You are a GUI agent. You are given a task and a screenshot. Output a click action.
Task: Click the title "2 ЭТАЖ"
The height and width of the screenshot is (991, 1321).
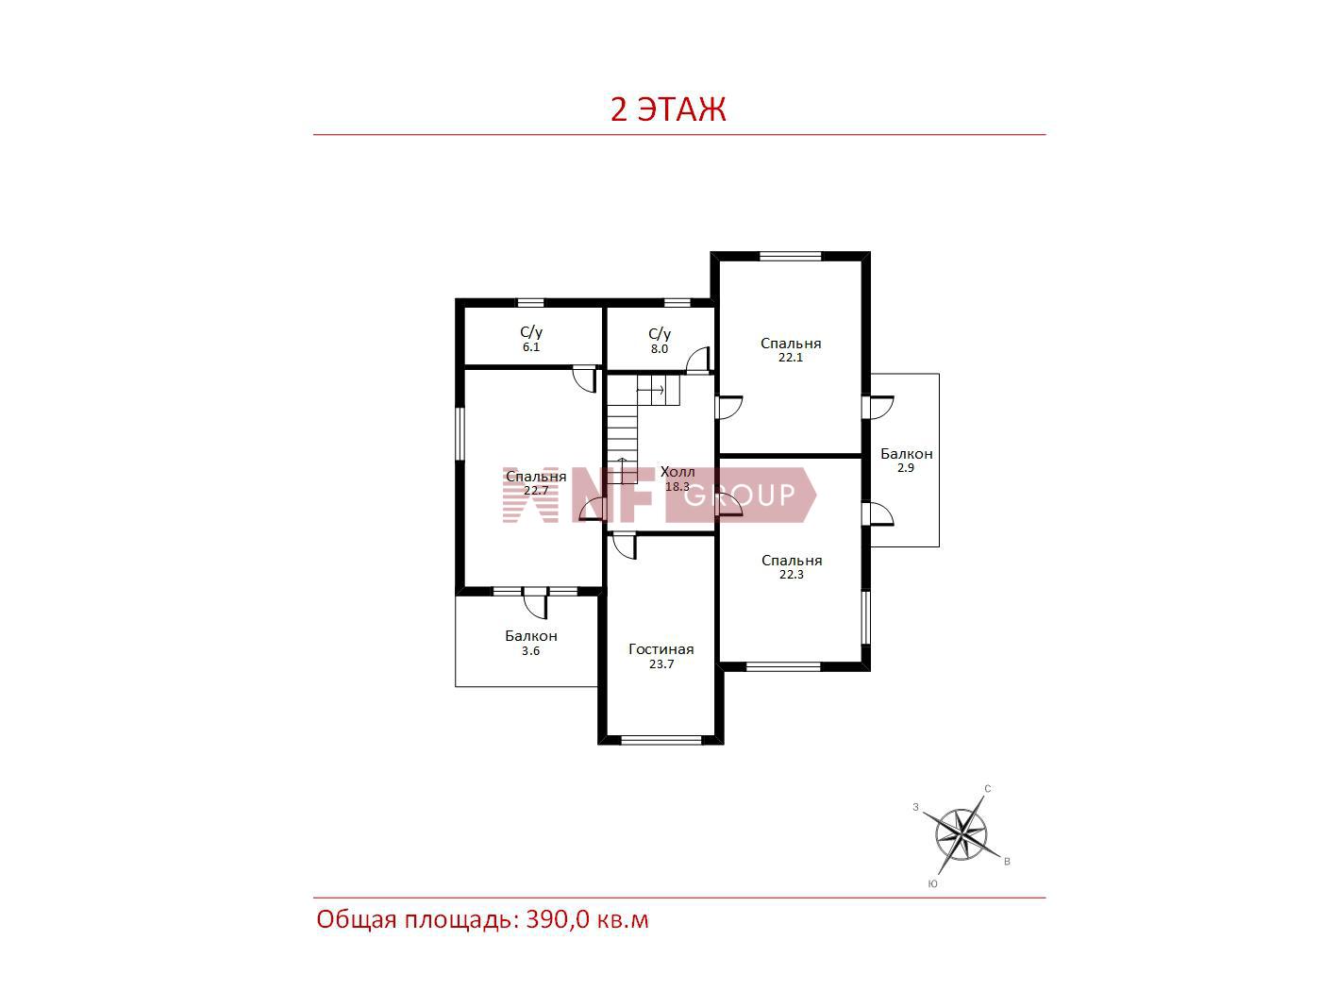tap(668, 109)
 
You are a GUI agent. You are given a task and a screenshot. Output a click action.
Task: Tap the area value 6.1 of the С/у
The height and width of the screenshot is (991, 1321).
tap(531, 347)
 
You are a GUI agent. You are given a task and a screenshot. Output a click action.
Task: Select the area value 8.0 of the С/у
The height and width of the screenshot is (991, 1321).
tap(659, 349)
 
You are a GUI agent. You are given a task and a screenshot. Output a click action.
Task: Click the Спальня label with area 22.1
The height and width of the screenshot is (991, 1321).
tap(791, 344)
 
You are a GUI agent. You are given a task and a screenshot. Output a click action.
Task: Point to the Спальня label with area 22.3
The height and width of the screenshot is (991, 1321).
tap(792, 561)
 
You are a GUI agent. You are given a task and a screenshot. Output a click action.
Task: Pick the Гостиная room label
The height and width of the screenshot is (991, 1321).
tap(660, 649)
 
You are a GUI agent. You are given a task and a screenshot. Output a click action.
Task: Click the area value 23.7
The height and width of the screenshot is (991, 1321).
tap(660, 664)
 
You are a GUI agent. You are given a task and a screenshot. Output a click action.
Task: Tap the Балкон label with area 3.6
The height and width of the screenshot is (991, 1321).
tap(531, 636)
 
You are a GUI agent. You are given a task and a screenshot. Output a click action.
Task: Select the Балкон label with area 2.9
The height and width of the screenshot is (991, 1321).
tap(907, 454)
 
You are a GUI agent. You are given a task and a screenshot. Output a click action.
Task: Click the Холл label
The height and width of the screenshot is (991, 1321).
tap(677, 472)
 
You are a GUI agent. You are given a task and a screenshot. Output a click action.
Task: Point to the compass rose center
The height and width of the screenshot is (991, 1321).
tap(961, 834)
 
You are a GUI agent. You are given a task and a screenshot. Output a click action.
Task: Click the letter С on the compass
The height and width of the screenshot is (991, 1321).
tap(988, 789)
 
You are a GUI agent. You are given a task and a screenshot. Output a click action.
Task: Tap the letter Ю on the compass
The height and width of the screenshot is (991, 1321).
tap(933, 884)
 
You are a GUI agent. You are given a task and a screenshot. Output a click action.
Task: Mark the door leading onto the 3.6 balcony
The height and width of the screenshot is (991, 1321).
tap(534, 602)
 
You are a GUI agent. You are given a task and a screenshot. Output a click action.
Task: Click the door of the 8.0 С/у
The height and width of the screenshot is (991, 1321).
tap(698, 361)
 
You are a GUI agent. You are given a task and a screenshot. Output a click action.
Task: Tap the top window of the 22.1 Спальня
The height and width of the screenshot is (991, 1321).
tap(790, 257)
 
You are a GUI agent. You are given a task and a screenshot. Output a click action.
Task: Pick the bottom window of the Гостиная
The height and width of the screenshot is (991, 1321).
tap(660, 740)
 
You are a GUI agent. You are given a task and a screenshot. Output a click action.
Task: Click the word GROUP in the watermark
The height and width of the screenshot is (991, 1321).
tap(740, 495)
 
